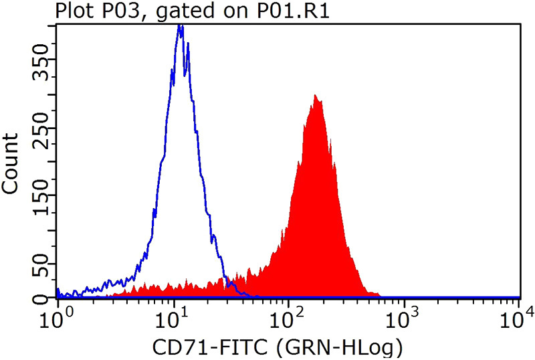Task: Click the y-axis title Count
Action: click(x=11, y=163)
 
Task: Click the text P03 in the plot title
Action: click(x=113, y=11)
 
